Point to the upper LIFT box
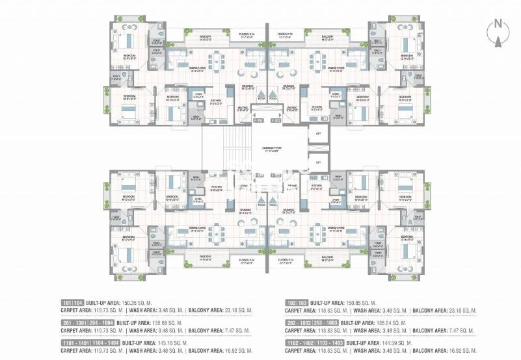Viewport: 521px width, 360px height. click(318, 134)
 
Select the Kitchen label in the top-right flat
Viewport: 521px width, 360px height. click(316, 107)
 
